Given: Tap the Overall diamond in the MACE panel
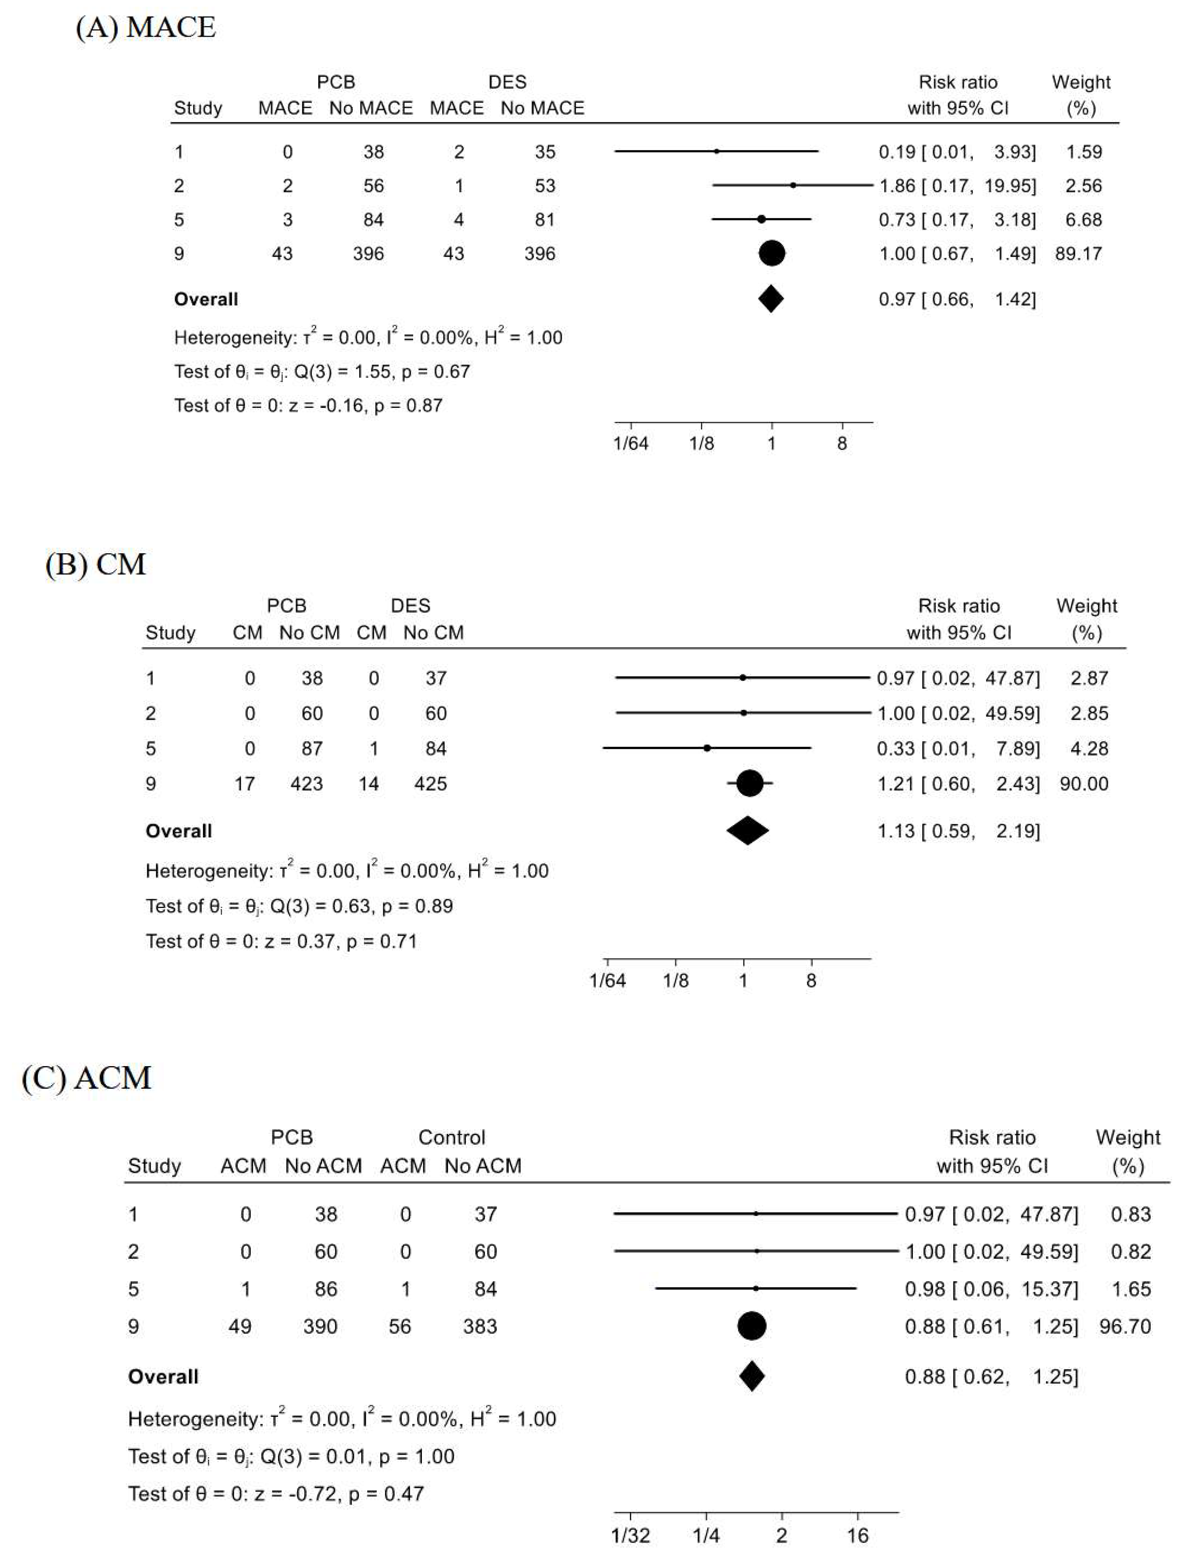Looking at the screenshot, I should tap(771, 299).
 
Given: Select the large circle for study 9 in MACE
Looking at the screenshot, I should tap(772, 253).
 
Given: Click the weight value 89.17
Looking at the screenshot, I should tap(1078, 253).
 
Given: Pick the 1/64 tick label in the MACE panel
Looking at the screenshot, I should tap(631, 444).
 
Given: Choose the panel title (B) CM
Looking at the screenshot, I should tap(96, 565).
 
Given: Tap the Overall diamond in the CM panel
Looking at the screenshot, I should tap(747, 831).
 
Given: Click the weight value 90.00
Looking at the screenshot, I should tap(1084, 783).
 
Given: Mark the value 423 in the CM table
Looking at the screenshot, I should tap(307, 783).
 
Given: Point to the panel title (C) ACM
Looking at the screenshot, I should tap(87, 1078).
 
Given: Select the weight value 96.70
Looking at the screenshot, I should tap(1125, 1326).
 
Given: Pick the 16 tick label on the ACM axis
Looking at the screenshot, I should tap(857, 1536).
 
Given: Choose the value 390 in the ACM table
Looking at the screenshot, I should tap(320, 1326).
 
